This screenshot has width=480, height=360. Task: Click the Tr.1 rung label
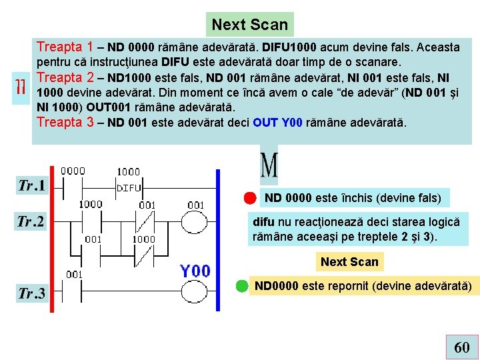click(x=31, y=185)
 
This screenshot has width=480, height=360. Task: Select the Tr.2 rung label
click(x=31, y=221)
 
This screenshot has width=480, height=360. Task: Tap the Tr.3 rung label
click(x=31, y=293)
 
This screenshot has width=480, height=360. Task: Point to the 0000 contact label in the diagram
click(x=73, y=171)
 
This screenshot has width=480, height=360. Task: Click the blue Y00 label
click(x=195, y=271)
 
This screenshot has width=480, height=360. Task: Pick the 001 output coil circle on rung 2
click(x=196, y=221)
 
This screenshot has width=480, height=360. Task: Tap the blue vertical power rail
click(x=218, y=233)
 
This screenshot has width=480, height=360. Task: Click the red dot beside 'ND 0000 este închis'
click(x=249, y=198)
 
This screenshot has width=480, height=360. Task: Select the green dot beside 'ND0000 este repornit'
click(x=243, y=287)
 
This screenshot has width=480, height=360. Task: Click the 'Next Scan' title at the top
click(x=249, y=25)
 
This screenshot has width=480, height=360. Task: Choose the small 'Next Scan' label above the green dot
click(x=349, y=261)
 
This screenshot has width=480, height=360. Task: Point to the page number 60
click(x=461, y=347)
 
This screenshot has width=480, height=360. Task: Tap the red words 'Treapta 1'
click(x=65, y=47)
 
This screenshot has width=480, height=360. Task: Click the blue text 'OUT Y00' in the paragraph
click(x=278, y=123)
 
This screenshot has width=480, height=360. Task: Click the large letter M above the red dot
click(x=268, y=166)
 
